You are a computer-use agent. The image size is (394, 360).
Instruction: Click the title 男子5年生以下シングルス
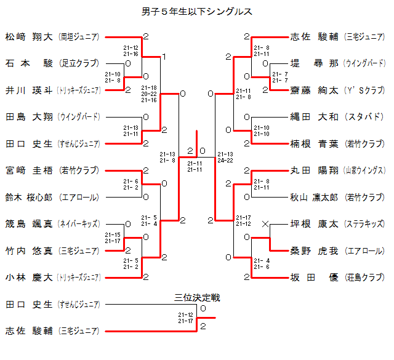point(197,11)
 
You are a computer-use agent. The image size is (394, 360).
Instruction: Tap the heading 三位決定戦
point(197,297)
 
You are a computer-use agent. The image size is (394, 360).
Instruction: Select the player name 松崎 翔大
point(29,36)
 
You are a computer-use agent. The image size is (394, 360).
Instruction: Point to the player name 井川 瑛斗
point(29,90)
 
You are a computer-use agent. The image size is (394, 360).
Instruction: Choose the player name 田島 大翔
point(29,116)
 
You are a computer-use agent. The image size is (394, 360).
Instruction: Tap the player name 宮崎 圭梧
point(29,170)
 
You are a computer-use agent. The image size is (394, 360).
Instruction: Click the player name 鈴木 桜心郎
point(29,197)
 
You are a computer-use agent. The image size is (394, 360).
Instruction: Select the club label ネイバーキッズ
point(78,224)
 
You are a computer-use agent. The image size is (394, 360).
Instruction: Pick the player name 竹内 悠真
point(29,250)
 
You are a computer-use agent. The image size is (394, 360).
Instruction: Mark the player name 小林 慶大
point(29,278)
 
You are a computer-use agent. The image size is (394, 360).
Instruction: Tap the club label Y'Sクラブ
point(365,90)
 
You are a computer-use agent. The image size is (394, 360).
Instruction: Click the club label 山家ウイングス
point(365,170)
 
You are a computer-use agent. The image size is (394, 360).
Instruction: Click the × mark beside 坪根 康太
point(265,224)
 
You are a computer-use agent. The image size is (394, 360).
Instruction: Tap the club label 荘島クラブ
point(365,278)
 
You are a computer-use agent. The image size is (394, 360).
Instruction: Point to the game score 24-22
point(225,160)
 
